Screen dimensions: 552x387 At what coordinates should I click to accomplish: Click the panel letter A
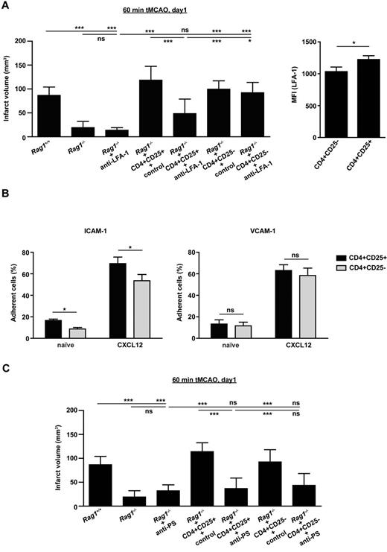pos(5,6)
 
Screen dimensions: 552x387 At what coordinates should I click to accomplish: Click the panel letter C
pos(5,367)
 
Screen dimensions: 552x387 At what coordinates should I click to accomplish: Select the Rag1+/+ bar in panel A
pos(49,116)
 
